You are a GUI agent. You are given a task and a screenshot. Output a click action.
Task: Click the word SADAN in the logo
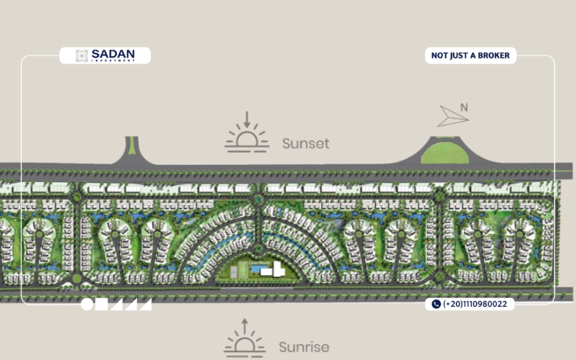113,54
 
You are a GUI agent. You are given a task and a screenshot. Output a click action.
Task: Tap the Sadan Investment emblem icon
81,55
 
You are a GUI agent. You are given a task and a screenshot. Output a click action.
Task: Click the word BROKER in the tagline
494,55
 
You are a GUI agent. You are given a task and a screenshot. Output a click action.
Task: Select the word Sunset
305,143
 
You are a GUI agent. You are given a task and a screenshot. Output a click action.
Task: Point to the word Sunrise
304,347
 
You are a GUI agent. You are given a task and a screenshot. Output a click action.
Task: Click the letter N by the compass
464,107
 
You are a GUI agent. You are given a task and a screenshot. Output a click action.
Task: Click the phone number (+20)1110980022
474,304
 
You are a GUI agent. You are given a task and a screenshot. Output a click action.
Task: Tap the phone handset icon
436,304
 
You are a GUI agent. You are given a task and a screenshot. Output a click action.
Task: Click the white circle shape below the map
87,304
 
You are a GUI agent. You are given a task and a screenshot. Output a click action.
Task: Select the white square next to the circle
102,304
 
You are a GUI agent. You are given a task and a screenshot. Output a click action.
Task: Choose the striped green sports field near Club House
242,269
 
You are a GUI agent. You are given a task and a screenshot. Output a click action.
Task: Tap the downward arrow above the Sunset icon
247,120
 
